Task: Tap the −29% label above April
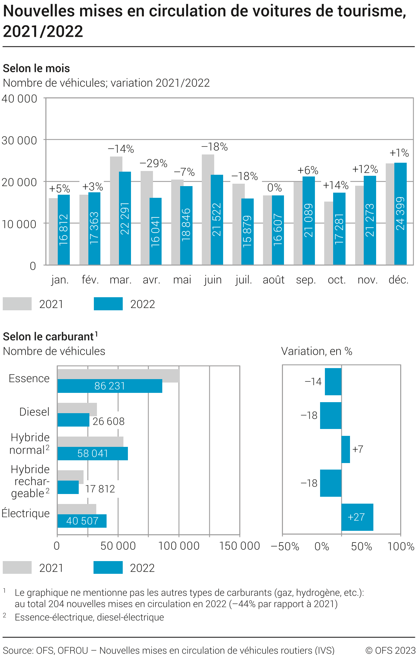[153, 163]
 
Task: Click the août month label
[273, 280]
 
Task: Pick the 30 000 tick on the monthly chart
[19, 140]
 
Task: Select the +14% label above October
[336, 185]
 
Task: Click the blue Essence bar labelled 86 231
[110, 386]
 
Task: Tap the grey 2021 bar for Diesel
[77, 409]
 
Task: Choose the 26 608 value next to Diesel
[109, 421]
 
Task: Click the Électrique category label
[26, 513]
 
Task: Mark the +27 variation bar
[357, 517]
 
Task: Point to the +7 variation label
[358, 449]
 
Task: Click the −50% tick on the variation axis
[285, 546]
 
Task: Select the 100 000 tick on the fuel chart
[179, 546]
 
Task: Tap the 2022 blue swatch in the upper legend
[108, 304]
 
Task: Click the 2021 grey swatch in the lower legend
[17, 568]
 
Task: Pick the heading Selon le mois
[36, 68]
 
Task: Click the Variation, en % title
[317, 351]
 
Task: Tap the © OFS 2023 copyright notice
[390, 650]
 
